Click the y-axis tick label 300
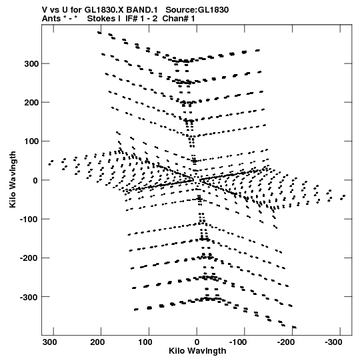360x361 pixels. tap(31, 64)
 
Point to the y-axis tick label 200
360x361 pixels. tap(31, 103)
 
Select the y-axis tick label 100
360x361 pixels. tap(31, 141)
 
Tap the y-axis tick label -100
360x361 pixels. tap(29, 220)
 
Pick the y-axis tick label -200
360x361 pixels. tap(29, 258)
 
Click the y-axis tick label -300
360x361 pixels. tap(29, 297)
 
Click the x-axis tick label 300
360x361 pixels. tap(50, 342)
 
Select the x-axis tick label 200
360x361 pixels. tap(97, 342)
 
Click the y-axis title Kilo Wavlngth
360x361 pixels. tap(13, 179)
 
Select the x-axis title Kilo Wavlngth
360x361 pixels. tap(197, 351)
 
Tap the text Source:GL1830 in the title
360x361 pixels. tap(197, 10)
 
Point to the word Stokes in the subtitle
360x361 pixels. tap(104, 19)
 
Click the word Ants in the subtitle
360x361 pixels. tap(51, 19)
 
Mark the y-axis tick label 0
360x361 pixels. tap(35, 181)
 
